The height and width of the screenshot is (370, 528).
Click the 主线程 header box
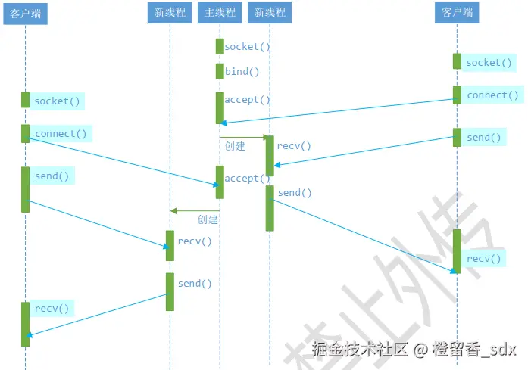[x=220, y=13]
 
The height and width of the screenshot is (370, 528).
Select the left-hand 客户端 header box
[x=25, y=13]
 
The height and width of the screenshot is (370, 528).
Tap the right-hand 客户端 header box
[x=457, y=13]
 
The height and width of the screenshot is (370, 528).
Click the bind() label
[x=242, y=72]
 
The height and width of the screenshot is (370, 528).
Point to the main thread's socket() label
[x=247, y=47]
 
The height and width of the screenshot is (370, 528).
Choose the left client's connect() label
[x=61, y=134]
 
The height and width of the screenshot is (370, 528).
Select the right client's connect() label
[x=492, y=95]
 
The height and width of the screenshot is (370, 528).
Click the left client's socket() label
[x=57, y=101]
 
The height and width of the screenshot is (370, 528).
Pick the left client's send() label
[x=52, y=176]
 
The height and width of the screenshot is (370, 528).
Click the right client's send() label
[x=484, y=138]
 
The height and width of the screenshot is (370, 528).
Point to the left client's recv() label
[x=52, y=308]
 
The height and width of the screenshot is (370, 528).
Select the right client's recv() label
[x=484, y=259]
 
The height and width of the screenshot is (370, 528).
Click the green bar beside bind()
[x=220, y=71]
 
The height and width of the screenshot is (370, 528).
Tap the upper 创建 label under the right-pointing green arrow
[x=235, y=146]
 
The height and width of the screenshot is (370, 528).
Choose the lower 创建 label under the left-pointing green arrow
[x=208, y=219]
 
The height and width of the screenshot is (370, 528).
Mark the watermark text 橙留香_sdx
[x=475, y=350]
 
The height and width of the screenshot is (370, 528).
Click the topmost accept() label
[x=247, y=100]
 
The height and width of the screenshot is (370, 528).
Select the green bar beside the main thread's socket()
[x=220, y=46]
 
